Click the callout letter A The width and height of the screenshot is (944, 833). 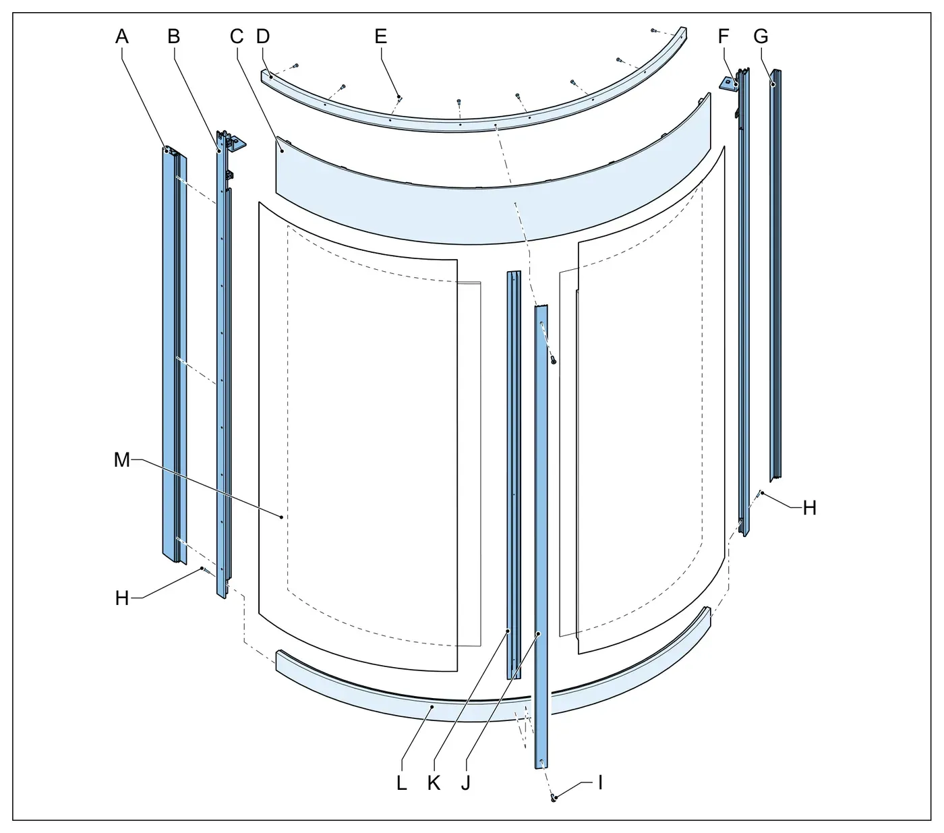pos(121,36)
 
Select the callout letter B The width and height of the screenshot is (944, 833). pos(174,36)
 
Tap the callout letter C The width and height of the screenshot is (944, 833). pos(237,36)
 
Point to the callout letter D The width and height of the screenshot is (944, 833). pos(263,36)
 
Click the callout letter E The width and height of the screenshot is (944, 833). pos(381,36)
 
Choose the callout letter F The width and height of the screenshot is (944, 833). pos(723,36)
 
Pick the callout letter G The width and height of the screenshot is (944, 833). pos(761,36)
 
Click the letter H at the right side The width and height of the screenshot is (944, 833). pos(809,508)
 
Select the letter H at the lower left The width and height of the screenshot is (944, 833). pos(122,598)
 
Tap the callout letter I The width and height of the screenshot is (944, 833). pos(601,782)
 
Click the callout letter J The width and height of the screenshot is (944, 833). pos(465,783)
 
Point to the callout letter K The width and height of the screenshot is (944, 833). pos(434,783)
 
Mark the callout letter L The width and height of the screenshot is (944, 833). pos(402,783)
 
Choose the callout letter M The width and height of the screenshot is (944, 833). pos(122,460)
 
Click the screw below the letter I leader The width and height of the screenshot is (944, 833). pos(553,799)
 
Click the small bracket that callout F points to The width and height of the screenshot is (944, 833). pos(728,83)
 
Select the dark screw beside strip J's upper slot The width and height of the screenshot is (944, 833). pos(553,360)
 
